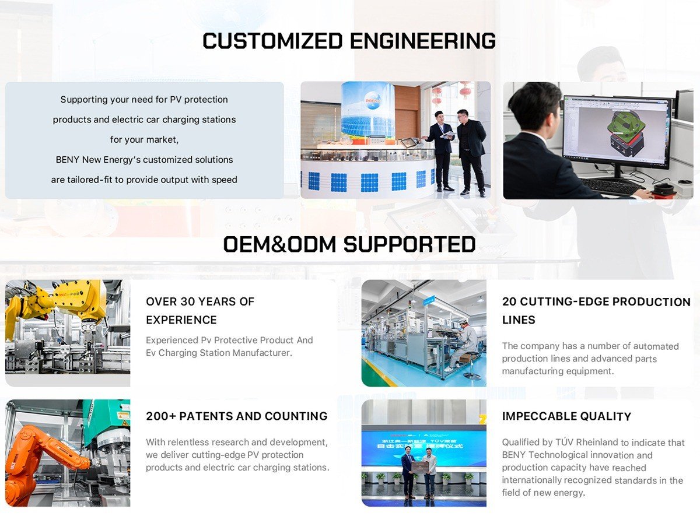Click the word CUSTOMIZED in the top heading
point(272,41)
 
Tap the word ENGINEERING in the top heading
point(423,41)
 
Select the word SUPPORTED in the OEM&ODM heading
point(409,244)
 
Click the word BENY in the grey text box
point(67,160)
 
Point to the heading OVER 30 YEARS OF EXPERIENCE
point(200,310)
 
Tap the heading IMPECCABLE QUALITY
point(566,416)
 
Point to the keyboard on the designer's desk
point(611,186)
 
